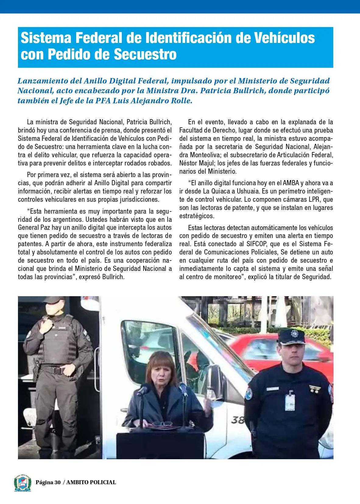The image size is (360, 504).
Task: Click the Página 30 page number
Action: (x=48, y=482)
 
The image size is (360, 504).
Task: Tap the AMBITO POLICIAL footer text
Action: (x=91, y=482)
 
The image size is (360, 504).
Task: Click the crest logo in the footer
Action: (x=22, y=483)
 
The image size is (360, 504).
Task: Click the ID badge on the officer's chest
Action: (x=290, y=402)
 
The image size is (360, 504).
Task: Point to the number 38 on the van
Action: (x=238, y=420)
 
